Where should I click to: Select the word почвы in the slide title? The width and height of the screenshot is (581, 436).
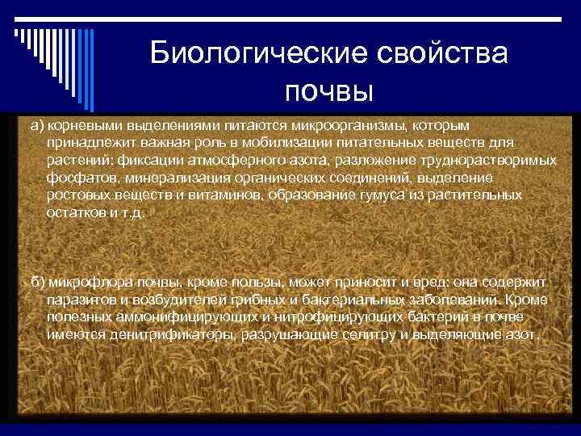click(x=328, y=91)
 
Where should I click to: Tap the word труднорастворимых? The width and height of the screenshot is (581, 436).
click(x=477, y=161)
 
